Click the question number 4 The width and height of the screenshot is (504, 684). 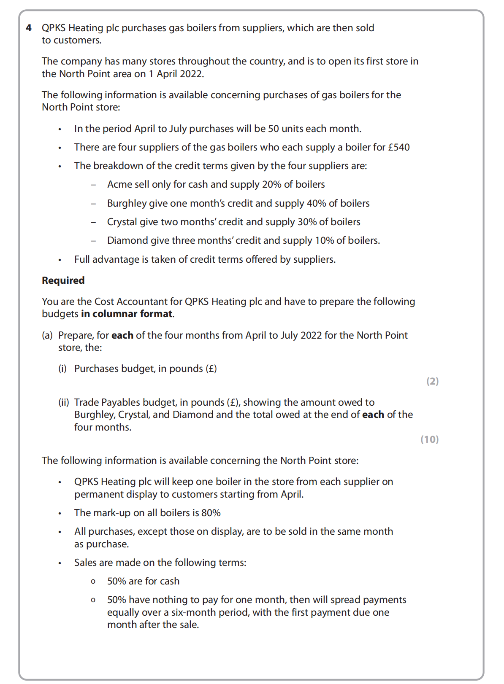[29, 28]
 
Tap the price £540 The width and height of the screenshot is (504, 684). [399, 147]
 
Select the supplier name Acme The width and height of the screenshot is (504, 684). [119, 184]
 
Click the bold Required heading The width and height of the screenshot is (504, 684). [63, 280]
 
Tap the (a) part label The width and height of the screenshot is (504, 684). [47, 335]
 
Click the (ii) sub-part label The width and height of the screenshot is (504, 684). [63, 402]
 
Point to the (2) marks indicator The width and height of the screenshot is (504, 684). [432, 381]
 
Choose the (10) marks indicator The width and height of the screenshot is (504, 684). [429, 439]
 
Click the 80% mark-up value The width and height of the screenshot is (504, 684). [211, 513]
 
